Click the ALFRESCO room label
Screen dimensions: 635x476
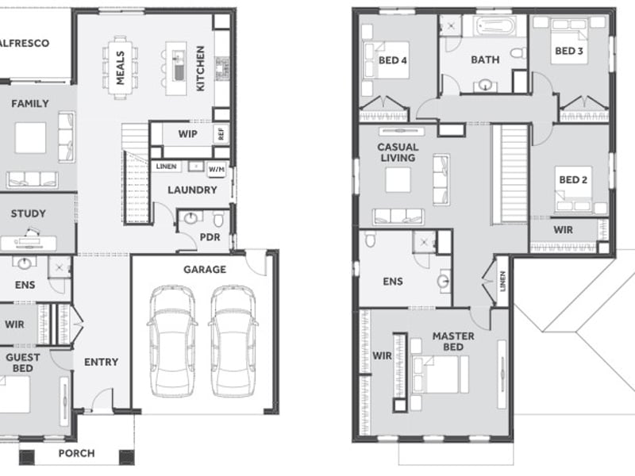click(25, 43)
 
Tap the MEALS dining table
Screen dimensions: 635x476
click(121, 67)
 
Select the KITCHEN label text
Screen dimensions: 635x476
click(201, 68)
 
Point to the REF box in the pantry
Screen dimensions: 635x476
click(221, 134)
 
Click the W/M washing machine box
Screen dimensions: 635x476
click(217, 169)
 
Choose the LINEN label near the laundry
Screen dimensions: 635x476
click(167, 167)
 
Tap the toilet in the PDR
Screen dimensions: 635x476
click(218, 219)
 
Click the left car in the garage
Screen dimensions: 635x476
click(172, 341)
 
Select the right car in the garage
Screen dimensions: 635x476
click(233, 341)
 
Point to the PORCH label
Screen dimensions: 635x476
click(76, 453)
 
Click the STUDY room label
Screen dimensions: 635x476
click(29, 213)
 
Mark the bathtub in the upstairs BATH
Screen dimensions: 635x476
click(495, 26)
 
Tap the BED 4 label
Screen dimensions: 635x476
click(393, 60)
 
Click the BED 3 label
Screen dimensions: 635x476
click(569, 51)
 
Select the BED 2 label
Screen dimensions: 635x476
click(573, 180)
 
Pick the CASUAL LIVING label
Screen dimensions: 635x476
click(398, 152)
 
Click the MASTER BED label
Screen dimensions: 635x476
click(453, 342)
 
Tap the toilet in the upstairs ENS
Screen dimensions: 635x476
click(370, 239)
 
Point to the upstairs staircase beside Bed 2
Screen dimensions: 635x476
click(510, 174)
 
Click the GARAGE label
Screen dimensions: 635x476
click(205, 270)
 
